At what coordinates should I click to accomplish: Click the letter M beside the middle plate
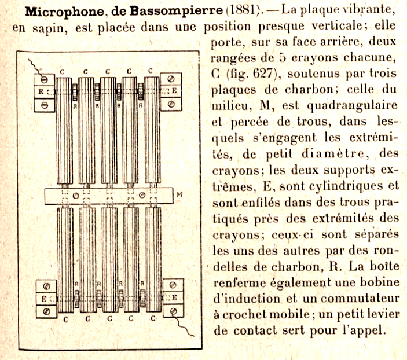point(180,194)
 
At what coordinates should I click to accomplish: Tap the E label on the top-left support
point(41,92)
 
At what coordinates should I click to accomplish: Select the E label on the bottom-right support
point(173,297)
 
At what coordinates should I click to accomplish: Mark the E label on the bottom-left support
point(44,299)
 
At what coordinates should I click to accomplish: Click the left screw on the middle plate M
point(75,196)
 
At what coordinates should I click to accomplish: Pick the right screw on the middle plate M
point(141,196)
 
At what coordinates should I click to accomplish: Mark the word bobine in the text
point(372,283)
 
